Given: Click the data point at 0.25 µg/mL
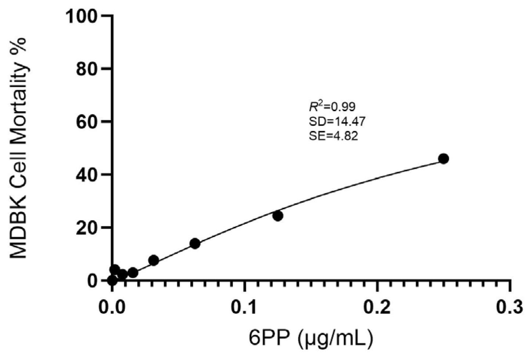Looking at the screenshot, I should (x=444, y=159).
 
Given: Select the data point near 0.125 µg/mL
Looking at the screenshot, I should (x=278, y=216).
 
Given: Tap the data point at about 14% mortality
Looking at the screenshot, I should (x=195, y=243).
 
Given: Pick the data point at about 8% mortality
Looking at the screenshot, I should (x=153, y=260).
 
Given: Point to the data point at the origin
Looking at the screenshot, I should (x=112, y=281).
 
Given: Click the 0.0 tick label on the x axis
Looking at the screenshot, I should (x=112, y=308).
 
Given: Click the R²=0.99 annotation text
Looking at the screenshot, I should (x=332, y=107).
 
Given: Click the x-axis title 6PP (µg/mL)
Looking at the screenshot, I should (x=311, y=339).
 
